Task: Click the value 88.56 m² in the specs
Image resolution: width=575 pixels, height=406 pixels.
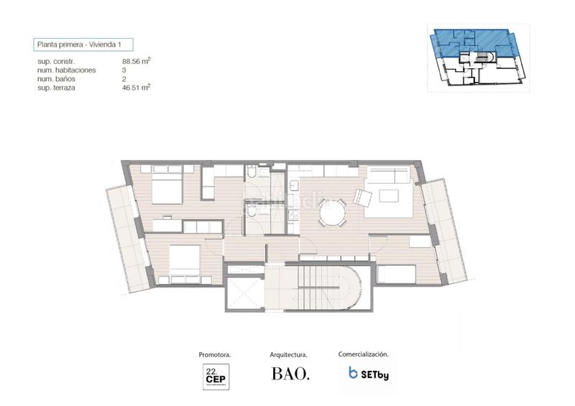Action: point(136,62)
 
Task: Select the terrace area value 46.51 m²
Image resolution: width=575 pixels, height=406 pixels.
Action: point(136,87)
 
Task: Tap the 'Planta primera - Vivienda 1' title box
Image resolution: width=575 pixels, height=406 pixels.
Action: point(83,45)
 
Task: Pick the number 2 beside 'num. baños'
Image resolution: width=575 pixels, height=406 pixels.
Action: point(125,79)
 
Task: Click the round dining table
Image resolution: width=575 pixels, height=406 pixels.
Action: point(333,212)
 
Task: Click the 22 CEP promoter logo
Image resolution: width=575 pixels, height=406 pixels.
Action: point(214,376)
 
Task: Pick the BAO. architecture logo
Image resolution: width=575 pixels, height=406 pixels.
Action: point(290,374)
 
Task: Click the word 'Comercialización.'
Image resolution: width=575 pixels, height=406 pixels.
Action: point(363,354)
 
